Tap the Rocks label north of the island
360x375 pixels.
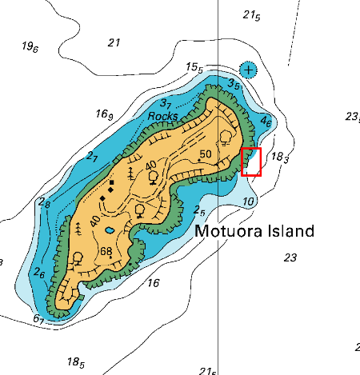tap(163, 116)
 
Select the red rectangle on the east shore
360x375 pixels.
tap(251, 162)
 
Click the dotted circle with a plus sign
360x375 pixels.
tap(249, 70)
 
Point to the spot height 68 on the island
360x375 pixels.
tap(106, 253)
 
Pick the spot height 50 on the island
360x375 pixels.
tap(205, 154)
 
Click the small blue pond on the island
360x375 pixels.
tap(109, 231)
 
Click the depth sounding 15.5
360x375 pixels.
tap(194, 67)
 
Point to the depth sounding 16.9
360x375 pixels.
tap(105, 114)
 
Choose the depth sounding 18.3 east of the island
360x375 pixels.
tap(280, 157)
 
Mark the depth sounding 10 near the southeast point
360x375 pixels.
tap(249, 201)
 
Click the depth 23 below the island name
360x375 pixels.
tap(290, 257)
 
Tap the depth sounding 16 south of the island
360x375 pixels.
tap(153, 282)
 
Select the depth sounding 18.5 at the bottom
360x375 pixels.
tap(76, 362)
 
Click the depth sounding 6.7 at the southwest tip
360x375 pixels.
tap(38, 319)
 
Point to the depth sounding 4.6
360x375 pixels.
tap(266, 122)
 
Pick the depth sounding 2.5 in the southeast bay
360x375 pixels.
tap(200, 210)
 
